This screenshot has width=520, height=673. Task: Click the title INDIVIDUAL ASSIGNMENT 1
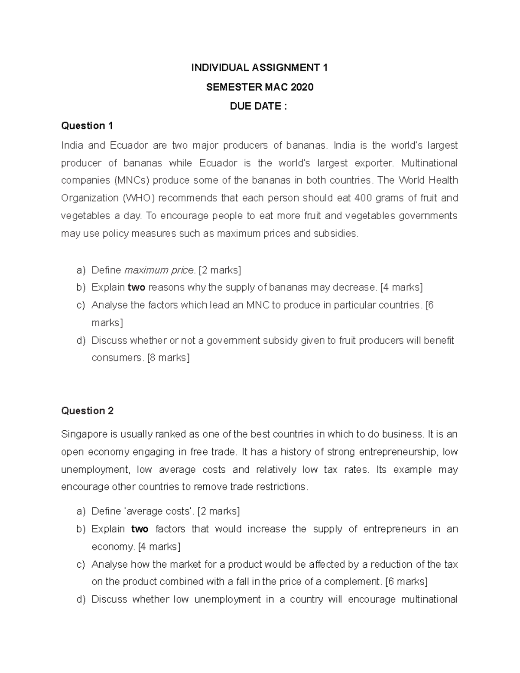(260, 68)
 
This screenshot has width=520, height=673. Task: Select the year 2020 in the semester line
(302, 87)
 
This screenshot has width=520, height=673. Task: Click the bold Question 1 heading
(87, 126)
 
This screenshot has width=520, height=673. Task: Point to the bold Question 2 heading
(87, 411)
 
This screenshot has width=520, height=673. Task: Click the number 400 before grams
(363, 198)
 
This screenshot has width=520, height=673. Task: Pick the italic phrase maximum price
(159, 270)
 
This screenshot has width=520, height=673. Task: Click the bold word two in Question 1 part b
(136, 287)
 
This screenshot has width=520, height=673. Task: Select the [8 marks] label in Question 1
(168, 358)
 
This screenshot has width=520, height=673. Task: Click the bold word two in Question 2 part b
(140, 529)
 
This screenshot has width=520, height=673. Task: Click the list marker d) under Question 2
(81, 599)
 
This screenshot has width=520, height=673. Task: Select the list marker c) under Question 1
(81, 305)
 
